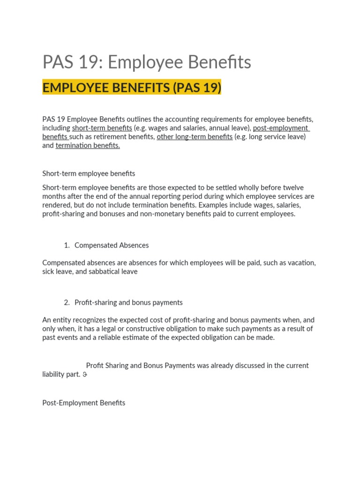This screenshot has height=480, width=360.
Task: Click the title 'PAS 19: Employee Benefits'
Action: [x=147, y=62]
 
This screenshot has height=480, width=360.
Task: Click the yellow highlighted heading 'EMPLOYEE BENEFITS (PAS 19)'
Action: [x=132, y=88]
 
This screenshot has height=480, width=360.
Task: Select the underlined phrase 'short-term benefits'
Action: [x=102, y=128]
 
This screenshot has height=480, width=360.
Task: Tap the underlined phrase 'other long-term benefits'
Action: [x=195, y=137]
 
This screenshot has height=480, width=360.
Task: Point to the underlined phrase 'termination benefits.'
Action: [x=88, y=146]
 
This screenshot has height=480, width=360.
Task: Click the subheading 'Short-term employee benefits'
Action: [x=89, y=173]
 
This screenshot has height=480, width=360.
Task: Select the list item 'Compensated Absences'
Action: [x=112, y=245]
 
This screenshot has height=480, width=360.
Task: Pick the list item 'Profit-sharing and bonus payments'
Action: [x=128, y=302]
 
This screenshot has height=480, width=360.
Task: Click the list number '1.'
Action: [x=67, y=245]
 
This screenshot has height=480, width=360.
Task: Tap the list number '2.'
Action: [x=67, y=302]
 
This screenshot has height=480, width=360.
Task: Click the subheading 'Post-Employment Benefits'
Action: [x=84, y=403]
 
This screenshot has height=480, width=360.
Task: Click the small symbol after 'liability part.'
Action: [x=85, y=375]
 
